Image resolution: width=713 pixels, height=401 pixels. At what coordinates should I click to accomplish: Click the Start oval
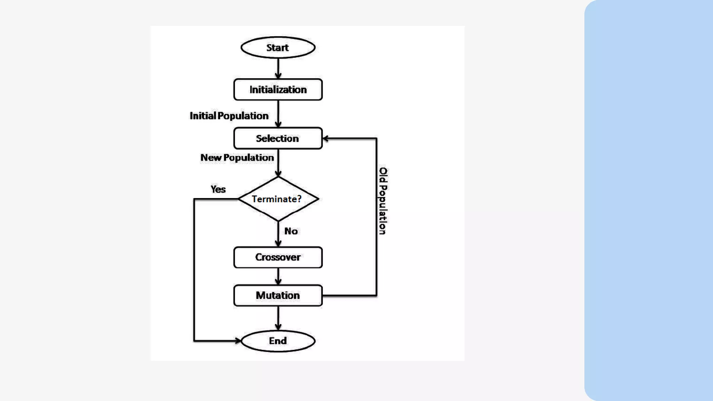[278, 48]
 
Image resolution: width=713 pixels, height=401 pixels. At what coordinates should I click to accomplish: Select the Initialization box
[278, 90]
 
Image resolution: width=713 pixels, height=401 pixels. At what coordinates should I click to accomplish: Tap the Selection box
[278, 139]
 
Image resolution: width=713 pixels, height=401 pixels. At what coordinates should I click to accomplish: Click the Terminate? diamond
[278, 199]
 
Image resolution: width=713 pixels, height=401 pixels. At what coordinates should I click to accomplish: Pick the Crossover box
[278, 257]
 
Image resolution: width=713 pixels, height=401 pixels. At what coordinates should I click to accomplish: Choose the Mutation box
[278, 296]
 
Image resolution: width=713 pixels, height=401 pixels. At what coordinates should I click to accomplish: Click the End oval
[278, 341]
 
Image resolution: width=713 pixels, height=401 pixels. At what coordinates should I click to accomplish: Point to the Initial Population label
[229, 116]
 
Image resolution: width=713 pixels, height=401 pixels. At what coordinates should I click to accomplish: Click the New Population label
[237, 158]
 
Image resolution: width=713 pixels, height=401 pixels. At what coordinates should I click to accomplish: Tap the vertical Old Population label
[383, 201]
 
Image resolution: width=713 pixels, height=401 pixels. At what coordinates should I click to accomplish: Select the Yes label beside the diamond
[218, 189]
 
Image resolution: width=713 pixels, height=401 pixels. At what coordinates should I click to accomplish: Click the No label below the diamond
[291, 231]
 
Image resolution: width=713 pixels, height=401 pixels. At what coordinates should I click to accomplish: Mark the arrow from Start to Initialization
[278, 68]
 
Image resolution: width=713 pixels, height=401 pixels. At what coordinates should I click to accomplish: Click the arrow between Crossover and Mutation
[278, 276]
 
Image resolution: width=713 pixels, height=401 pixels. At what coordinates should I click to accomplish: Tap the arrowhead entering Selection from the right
[326, 139]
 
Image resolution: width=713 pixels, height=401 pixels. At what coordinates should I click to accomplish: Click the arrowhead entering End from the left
[237, 341]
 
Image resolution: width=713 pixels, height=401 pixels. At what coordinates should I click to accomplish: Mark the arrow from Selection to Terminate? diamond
[278, 163]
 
